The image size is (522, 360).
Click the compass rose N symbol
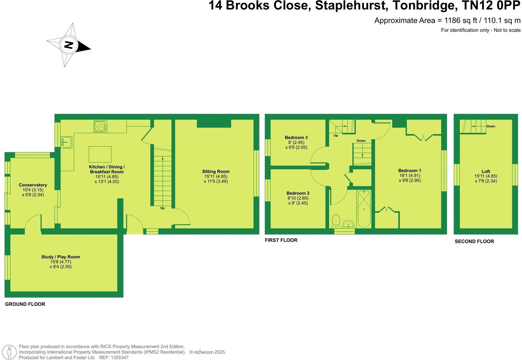coord(69,45)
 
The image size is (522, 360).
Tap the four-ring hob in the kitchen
coord(100,126)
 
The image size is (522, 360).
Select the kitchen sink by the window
coord(66,142)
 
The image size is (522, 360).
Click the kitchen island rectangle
coord(100,154)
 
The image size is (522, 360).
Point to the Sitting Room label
coord(216,171)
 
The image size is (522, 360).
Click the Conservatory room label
coord(33,185)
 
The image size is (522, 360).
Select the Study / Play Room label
coord(61,257)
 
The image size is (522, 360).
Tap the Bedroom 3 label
coord(296,137)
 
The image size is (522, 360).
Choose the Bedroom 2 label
coord(298,193)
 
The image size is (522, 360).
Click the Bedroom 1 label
coord(410,171)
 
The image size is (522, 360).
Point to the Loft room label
coord(486,171)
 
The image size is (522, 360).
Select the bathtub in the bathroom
coord(364,208)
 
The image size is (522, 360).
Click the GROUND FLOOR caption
coord(25,304)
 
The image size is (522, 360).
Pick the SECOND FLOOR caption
coord(474,241)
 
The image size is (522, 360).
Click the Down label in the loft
coord(490,126)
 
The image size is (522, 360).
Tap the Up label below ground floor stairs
coord(162,208)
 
